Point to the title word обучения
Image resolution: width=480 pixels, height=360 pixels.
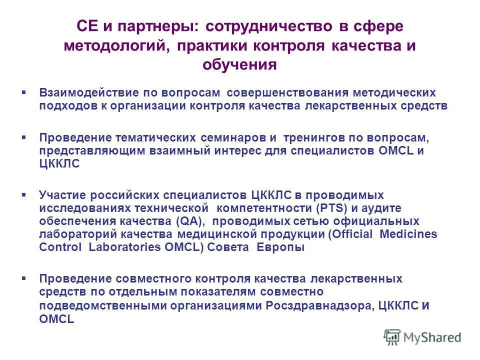click(239, 64)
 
